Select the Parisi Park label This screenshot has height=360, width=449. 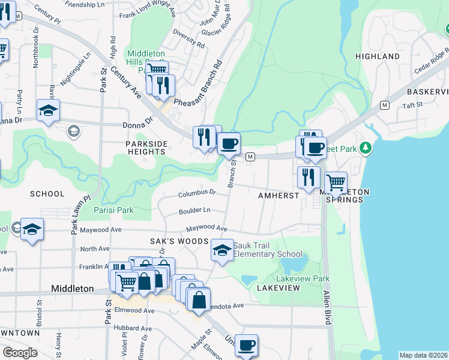113,210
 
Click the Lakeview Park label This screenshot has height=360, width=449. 303,278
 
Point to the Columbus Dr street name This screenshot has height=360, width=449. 197,193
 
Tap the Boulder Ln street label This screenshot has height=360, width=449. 194,211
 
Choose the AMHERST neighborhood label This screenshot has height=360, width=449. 278,196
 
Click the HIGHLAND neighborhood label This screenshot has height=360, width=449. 377,56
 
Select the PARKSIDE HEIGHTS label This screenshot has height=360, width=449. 145,148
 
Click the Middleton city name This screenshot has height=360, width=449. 72,289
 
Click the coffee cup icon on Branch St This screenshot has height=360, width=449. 228,143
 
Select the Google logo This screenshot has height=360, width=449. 20,353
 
